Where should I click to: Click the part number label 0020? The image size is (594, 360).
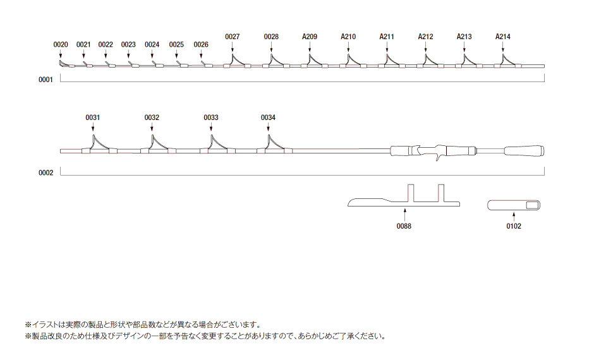click(61, 45)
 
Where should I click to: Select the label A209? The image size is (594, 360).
click(310, 37)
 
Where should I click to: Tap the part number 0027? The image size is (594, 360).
click(232, 37)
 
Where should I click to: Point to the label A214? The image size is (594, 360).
click(503, 37)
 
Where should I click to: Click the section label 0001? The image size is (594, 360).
click(46, 81)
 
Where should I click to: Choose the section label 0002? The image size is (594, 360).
click(46, 172)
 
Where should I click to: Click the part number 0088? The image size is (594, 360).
click(404, 226)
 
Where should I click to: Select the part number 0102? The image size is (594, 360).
click(514, 226)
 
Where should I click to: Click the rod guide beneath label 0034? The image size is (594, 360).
click(270, 144)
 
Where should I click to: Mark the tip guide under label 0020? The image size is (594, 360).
click(62, 63)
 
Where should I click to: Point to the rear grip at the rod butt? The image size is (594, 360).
click(524, 152)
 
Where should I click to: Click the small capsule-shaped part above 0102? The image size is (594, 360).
click(515, 205)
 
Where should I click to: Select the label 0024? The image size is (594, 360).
click(152, 45)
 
